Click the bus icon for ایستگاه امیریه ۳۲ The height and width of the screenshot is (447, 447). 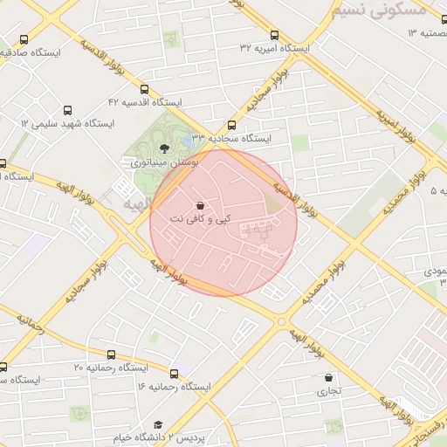pos(275,36)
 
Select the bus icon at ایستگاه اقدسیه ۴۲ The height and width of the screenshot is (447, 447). pos(144,88)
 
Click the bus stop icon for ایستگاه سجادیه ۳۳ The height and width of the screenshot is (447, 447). pos(231,125)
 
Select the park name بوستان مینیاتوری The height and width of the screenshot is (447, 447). pos(164,162)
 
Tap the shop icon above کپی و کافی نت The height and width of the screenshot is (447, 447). pos(202,204)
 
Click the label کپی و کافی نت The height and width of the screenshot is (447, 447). pos(202,217)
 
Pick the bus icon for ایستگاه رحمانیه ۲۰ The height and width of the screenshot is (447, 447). pos(111,354)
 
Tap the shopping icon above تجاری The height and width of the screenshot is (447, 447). pos(328,378)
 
